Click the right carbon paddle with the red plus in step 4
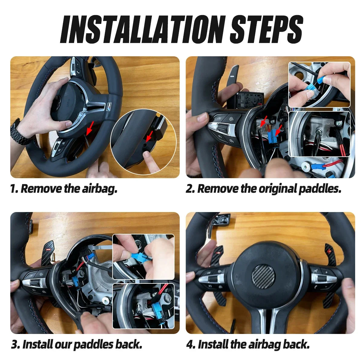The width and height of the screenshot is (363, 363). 331,255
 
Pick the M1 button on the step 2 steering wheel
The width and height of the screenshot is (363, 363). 231,119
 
